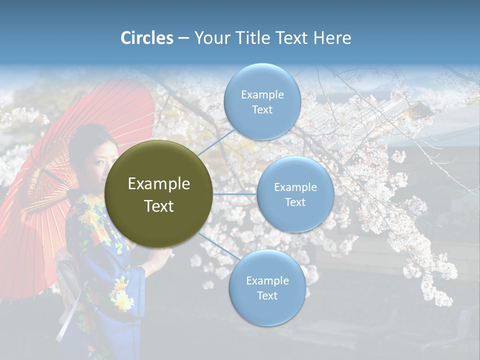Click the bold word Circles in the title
146,38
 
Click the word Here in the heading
332,38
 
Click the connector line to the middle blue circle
235,194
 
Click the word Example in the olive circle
159,184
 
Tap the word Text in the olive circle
159,206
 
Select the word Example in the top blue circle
262,95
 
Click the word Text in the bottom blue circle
267,296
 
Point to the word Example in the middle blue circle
295,187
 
